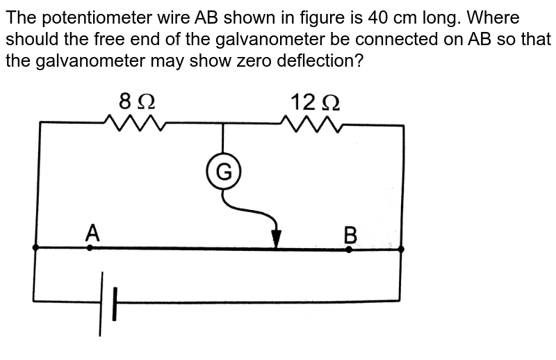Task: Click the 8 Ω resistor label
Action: pyautogui.click(x=137, y=101)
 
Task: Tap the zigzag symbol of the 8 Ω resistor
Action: pyautogui.click(x=134, y=123)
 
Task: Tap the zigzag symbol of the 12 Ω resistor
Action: pyautogui.click(x=311, y=123)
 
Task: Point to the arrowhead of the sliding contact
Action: pyautogui.click(x=277, y=239)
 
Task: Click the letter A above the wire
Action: pyautogui.click(x=92, y=232)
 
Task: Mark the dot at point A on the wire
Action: pyautogui.click(x=90, y=247)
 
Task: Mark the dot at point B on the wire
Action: pyautogui.click(x=349, y=248)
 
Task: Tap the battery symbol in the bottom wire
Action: pyautogui.click(x=108, y=302)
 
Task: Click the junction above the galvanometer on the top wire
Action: pyautogui.click(x=223, y=123)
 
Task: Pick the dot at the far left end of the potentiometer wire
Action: pyautogui.click(x=35, y=247)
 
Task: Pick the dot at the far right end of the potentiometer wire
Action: pyautogui.click(x=401, y=247)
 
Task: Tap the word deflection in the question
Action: pyautogui.click(x=313, y=60)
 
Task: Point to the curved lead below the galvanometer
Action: pyautogui.click(x=250, y=208)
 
